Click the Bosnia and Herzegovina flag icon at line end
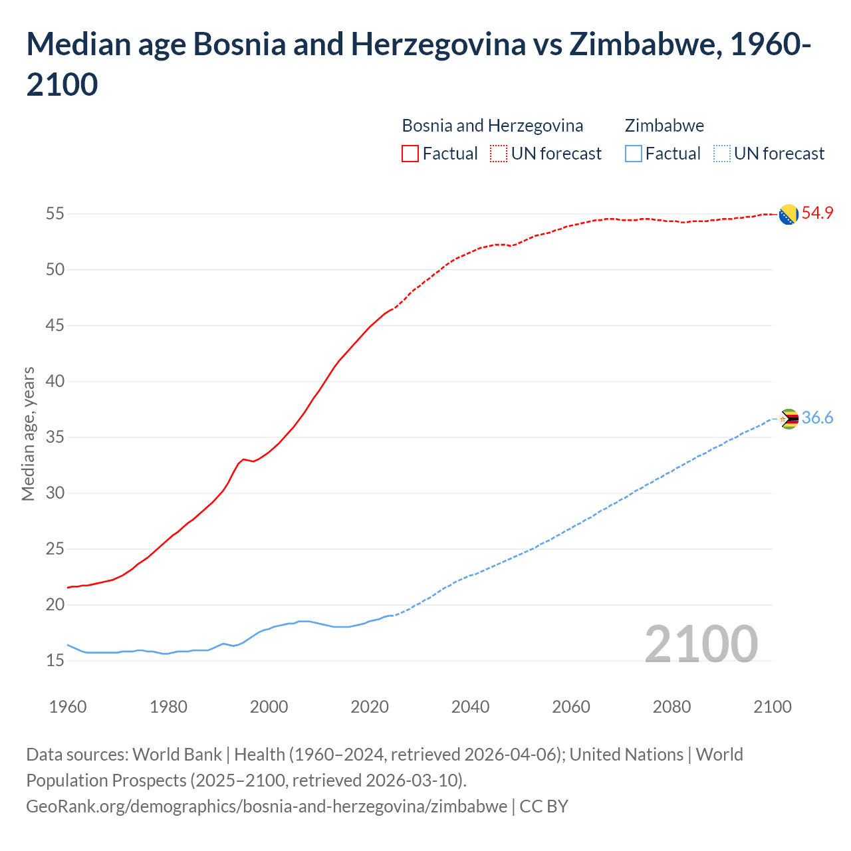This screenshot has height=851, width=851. point(788,215)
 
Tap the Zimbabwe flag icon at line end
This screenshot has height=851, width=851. point(789,419)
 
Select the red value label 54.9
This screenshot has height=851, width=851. point(817,213)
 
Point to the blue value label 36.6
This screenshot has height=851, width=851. point(817,418)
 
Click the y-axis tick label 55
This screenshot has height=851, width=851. point(55,214)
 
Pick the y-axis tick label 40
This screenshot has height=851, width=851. point(55,382)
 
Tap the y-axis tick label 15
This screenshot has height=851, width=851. point(55,661)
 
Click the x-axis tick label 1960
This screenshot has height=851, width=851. point(68,707)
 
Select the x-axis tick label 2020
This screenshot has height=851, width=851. point(370,707)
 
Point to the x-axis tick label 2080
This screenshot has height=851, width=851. point(671,707)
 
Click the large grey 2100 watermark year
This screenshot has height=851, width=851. point(701,644)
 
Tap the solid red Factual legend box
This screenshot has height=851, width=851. point(410,154)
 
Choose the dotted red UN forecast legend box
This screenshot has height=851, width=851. point(499,154)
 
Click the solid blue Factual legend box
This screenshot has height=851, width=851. point(634,154)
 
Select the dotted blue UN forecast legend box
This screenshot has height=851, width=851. point(722,154)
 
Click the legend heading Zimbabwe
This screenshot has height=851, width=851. point(664,126)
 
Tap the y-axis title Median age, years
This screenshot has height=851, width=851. point(28,433)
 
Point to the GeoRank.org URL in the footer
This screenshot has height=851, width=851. point(266,806)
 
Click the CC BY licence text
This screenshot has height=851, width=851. point(544,806)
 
